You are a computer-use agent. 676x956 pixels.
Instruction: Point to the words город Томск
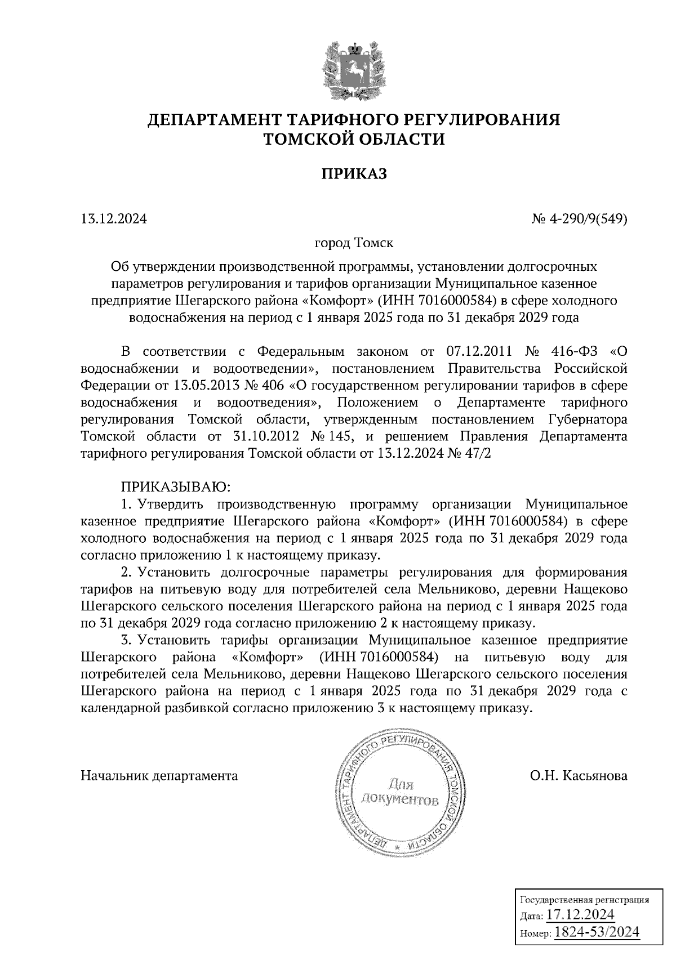coord(354,244)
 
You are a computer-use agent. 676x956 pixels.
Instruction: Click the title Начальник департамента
coord(159,776)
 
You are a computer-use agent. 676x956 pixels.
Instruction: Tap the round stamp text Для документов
coord(399,792)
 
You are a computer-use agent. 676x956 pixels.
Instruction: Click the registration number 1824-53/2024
coord(597,932)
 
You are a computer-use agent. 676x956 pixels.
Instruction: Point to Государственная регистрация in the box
coord(583,899)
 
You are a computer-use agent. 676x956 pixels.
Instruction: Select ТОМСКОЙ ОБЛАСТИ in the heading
coord(354,139)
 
